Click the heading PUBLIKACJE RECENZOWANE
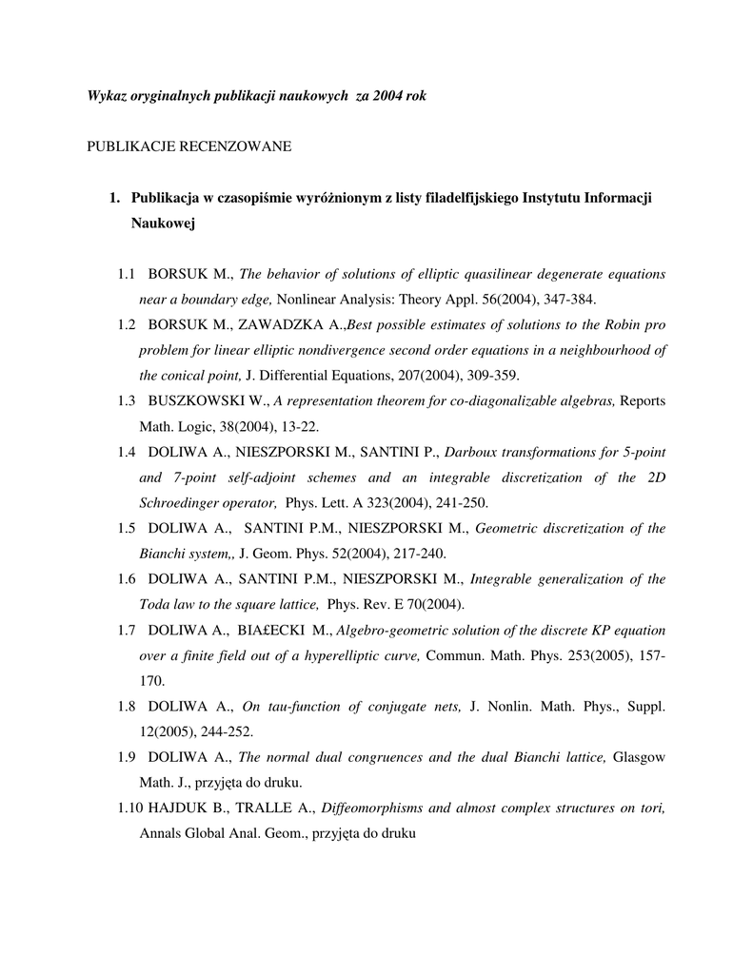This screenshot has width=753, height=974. click(188, 146)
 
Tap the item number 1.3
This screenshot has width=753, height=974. click(128, 400)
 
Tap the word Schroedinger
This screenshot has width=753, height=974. click(182, 502)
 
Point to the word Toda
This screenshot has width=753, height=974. click(155, 604)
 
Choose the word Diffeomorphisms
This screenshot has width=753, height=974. click(374, 808)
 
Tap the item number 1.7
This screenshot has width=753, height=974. click(128, 630)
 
